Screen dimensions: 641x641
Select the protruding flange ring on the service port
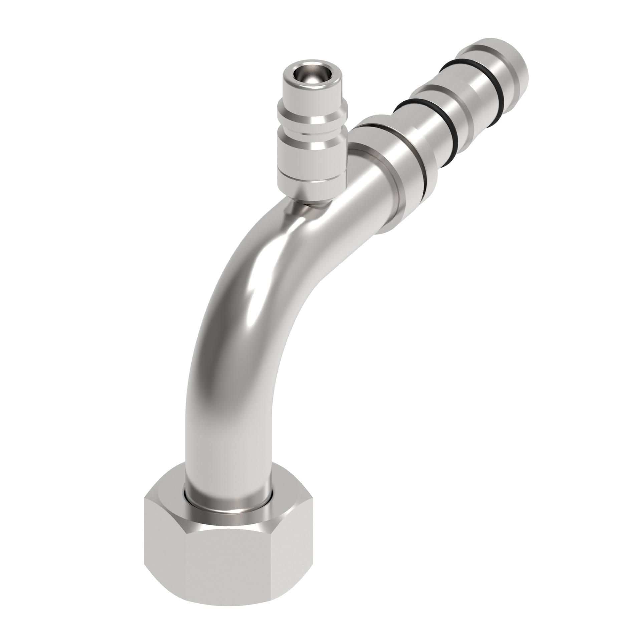[312, 115]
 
